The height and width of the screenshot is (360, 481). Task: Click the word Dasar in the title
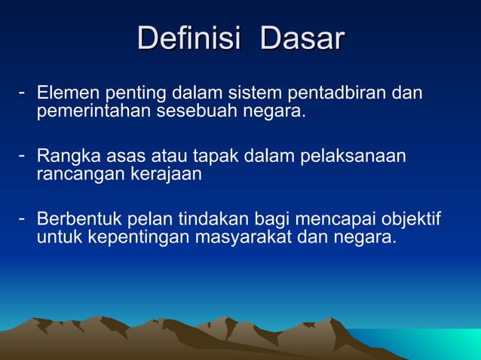click(x=302, y=38)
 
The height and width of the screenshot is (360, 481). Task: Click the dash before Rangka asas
click(x=23, y=156)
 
